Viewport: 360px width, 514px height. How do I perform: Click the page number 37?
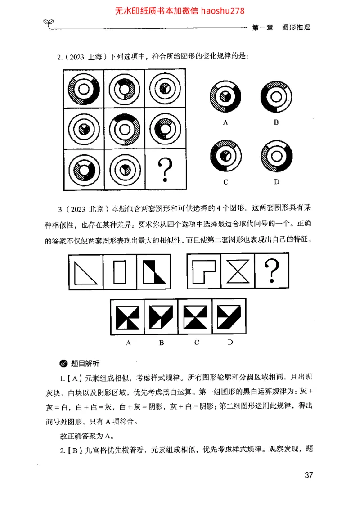pyautogui.click(x=309, y=475)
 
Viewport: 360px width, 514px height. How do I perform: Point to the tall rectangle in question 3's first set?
pyautogui.click(x=120, y=272)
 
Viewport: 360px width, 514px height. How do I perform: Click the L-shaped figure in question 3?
pyautogui.click(x=204, y=271)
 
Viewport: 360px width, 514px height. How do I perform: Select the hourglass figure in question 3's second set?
pyautogui.click(x=238, y=271)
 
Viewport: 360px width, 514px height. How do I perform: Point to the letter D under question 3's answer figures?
pyautogui.click(x=230, y=342)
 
